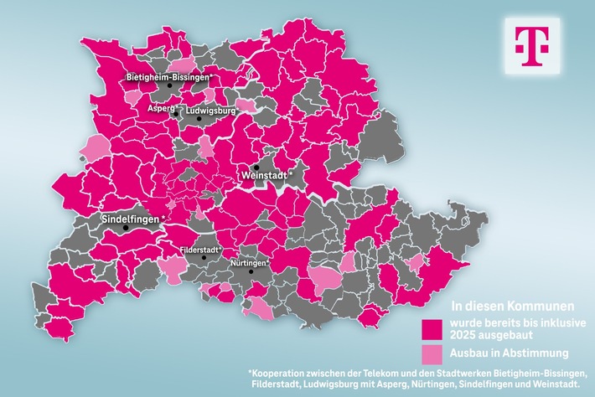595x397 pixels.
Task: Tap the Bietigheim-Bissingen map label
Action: pos(168,77)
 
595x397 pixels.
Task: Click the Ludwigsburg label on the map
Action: pos(210,109)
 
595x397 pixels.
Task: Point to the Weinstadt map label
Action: pos(264,177)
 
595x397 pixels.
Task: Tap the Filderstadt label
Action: pos(201,250)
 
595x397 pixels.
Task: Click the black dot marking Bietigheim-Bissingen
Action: pos(169,85)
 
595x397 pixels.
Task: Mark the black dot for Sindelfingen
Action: pos(126,227)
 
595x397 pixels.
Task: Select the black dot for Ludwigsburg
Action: pos(199,119)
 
